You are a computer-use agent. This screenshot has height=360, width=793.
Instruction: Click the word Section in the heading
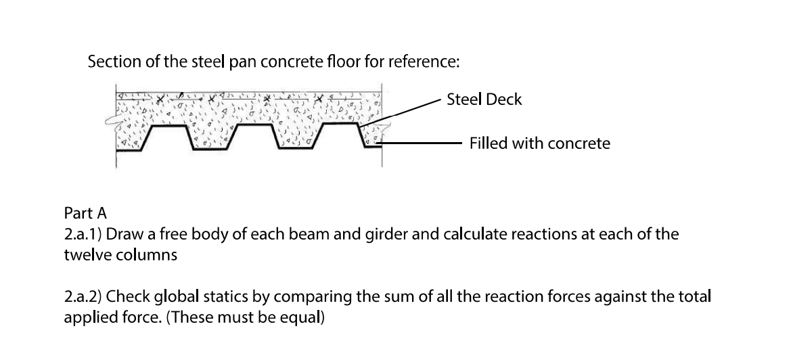point(111,62)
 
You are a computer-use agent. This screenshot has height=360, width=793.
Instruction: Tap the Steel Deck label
point(484,99)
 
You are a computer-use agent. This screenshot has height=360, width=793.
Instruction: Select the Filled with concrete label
point(539,143)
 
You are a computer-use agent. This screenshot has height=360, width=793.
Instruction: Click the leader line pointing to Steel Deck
point(406,110)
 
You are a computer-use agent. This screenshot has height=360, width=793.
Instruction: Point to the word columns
point(141,256)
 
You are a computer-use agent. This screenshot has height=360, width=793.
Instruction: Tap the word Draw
point(122,235)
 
